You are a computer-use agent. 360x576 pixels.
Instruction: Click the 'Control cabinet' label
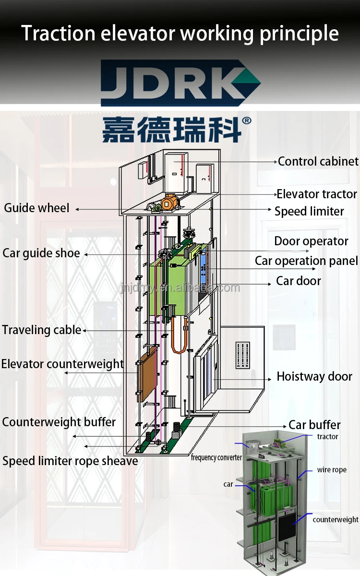[318, 162]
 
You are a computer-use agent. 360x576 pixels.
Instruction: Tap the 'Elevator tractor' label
[317, 194]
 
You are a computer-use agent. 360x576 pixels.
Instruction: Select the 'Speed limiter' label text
[309, 211]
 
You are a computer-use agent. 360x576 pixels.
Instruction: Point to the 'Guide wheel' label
[37, 208]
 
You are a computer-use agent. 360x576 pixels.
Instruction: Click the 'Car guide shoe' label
[41, 253]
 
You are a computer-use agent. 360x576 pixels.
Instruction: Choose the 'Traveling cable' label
[41, 330]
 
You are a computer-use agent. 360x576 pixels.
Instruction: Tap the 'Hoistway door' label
[314, 377]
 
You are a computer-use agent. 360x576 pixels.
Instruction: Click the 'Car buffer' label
[314, 425]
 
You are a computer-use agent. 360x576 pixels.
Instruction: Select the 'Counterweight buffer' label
[59, 422]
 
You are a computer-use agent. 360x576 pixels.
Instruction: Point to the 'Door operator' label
[311, 241]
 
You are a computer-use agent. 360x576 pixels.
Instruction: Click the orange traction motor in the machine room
[169, 202]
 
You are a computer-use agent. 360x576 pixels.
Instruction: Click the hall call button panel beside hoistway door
[243, 356]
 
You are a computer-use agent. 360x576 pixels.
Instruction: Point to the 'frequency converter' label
[216, 457]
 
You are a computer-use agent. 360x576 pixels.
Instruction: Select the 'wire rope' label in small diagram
[332, 470]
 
